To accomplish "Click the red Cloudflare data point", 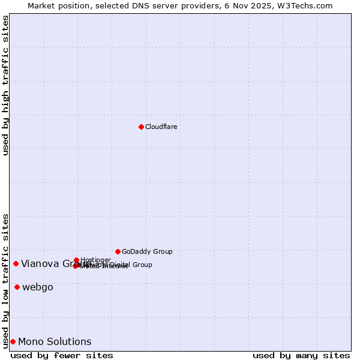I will coord(141,127).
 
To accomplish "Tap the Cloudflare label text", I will coord(161,127).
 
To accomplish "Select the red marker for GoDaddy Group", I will coord(118,251).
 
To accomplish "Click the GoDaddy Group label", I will coord(147,251).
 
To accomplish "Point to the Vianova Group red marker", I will coord(16,263).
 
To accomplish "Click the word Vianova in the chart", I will coord(40,263).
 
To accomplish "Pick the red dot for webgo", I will coord(17,287).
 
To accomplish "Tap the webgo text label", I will coord(38,287).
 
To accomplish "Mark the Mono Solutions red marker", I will coord(13,341).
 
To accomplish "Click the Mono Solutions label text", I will coord(55,341).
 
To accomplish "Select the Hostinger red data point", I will coord(77,260).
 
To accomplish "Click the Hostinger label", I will coord(95,260).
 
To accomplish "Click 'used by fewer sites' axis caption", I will coord(62,355).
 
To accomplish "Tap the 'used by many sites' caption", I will coord(301,355).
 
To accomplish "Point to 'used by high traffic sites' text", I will coord(6,85).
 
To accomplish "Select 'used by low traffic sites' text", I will coord(6,280).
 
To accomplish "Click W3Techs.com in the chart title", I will coord(308,5).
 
